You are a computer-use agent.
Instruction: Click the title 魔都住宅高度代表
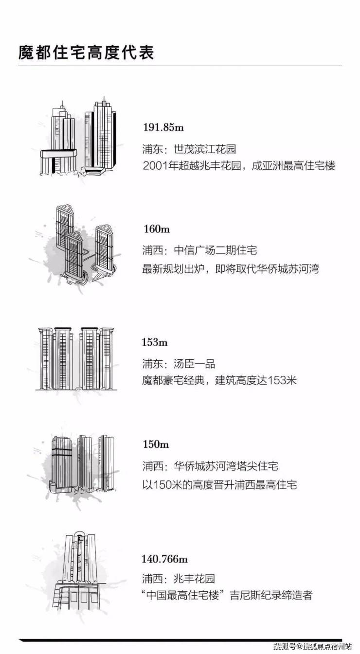click(x=86, y=53)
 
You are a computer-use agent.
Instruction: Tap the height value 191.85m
click(x=163, y=127)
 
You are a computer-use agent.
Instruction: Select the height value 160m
click(x=157, y=229)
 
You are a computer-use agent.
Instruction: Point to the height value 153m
click(x=155, y=342)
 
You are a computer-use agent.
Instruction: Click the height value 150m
click(x=156, y=444)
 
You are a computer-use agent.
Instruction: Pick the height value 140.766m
click(x=165, y=559)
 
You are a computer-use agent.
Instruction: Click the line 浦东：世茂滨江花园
click(x=189, y=149)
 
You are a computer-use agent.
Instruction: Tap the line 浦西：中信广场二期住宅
click(x=200, y=250)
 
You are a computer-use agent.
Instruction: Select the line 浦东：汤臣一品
click(x=179, y=364)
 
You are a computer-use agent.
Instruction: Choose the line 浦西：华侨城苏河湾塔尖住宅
click(x=210, y=466)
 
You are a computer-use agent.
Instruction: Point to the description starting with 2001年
click(x=239, y=166)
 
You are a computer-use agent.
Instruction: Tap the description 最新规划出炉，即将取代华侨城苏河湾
click(x=231, y=268)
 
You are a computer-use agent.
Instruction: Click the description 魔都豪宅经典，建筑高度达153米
click(x=219, y=380)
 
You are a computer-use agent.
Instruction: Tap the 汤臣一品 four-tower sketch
click(x=76, y=358)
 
